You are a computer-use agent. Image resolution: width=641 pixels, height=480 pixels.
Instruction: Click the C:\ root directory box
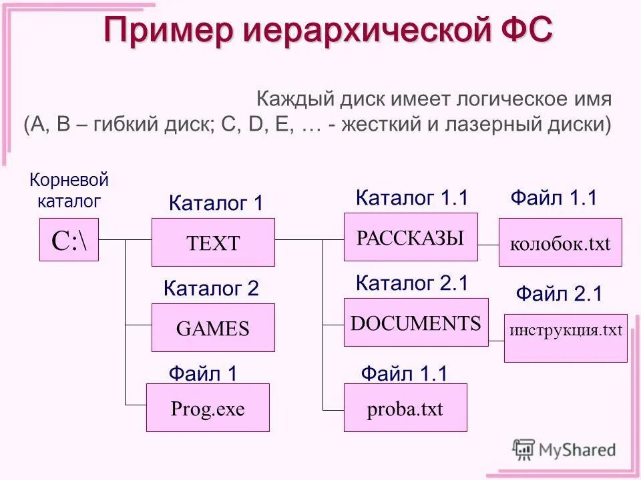(x=69, y=239)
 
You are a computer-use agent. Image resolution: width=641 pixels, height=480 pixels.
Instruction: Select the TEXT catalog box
(x=213, y=242)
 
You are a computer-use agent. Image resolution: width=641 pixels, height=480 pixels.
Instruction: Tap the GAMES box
(x=213, y=327)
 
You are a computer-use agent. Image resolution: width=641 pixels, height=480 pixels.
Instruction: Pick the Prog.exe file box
(x=208, y=407)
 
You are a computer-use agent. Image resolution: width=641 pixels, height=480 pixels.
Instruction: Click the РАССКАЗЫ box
(x=411, y=237)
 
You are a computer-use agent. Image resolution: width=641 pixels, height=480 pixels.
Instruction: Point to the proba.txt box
(x=405, y=407)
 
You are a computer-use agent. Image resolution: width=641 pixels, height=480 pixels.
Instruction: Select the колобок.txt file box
(x=560, y=242)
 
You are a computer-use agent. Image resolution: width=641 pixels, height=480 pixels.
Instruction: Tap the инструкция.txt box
(x=566, y=338)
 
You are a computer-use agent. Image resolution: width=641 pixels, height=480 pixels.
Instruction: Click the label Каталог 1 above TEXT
(x=216, y=203)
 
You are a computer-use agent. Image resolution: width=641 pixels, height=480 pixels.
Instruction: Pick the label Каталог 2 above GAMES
(x=211, y=289)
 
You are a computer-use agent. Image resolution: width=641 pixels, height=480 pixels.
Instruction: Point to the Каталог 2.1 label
(x=413, y=283)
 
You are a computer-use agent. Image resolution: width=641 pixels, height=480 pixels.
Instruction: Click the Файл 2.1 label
(x=559, y=294)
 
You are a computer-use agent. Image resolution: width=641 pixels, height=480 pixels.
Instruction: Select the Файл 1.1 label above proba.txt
(x=404, y=374)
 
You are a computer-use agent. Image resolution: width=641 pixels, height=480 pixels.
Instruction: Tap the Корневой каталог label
(x=69, y=189)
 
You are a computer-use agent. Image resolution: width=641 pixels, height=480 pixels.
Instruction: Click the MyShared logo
(x=564, y=449)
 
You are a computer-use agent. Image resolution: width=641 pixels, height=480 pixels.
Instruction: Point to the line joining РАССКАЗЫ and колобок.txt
(x=488, y=246)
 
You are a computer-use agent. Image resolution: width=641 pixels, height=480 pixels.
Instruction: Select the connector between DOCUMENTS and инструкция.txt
(x=496, y=341)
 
